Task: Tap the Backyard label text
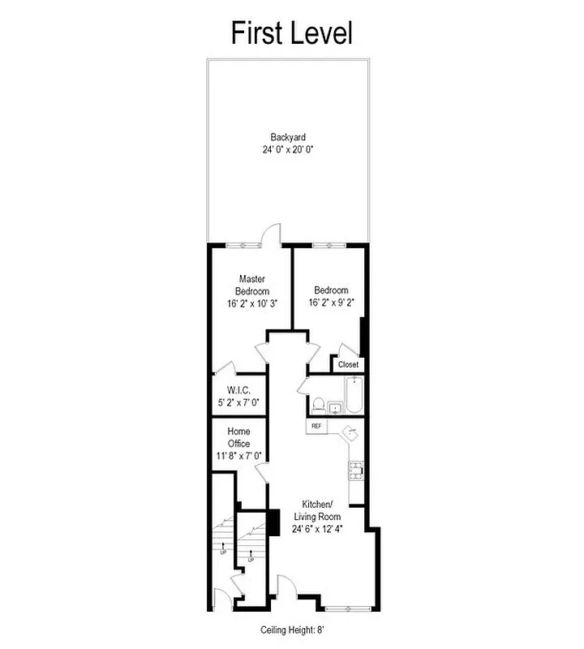(288, 137)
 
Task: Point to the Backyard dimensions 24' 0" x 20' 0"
(288, 149)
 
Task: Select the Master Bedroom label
(252, 285)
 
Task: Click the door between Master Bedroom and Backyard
(271, 236)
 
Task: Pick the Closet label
(348, 365)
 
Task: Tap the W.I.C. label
(238, 390)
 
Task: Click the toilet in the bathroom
(318, 403)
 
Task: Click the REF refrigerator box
(315, 425)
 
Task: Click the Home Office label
(238, 437)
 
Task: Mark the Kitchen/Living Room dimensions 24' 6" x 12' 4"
(321, 528)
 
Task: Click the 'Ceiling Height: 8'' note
(293, 630)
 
